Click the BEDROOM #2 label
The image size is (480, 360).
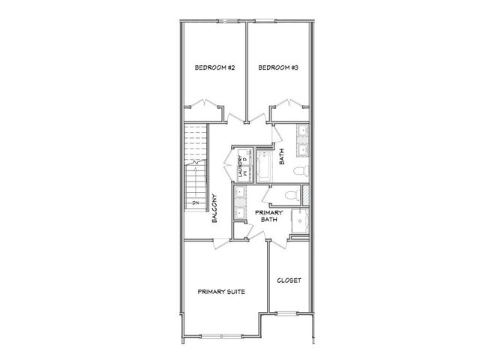tap(215, 68)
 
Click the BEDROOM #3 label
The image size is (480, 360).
tap(279, 68)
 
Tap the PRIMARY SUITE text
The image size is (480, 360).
tap(222, 291)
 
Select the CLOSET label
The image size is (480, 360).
tap(289, 280)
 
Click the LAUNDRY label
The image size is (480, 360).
tap(240, 166)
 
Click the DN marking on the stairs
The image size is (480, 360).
tap(193, 202)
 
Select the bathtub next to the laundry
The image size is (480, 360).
tap(265, 167)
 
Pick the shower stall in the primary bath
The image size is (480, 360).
tap(301, 222)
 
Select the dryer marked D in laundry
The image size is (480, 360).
tap(244, 160)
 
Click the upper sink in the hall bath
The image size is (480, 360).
tap(301, 133)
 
